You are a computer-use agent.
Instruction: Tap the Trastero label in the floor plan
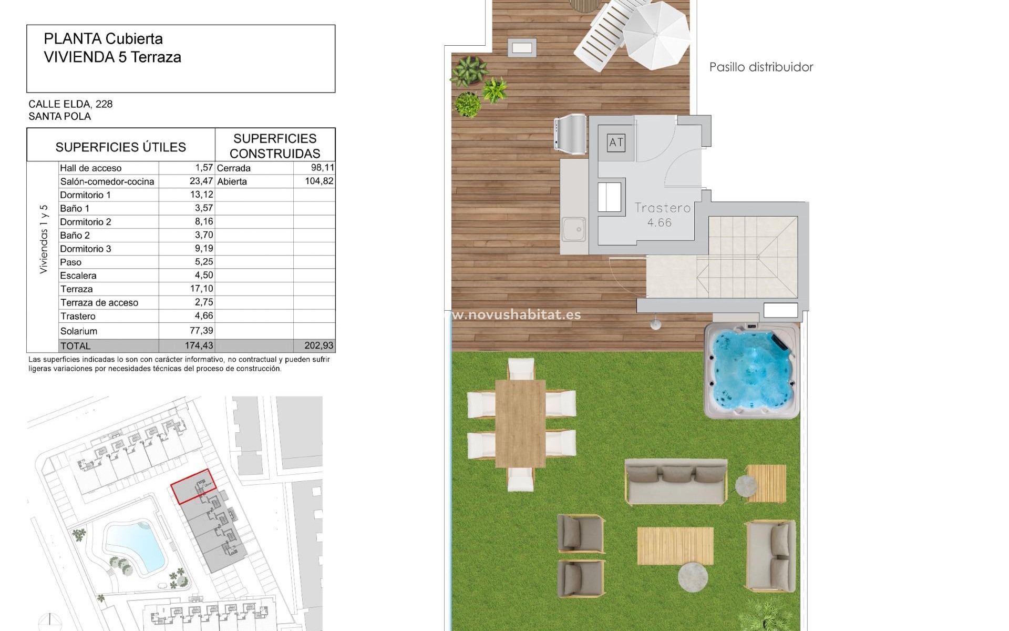(662, 208)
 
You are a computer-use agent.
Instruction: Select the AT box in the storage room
(616, 143)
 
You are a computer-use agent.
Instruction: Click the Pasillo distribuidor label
(761, 67)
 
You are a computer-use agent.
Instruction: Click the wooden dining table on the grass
(520, 423)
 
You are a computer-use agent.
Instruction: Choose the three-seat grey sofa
(676, 481)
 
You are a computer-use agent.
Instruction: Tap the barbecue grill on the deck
(570, 135)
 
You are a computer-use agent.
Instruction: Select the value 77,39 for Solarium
(201, 331)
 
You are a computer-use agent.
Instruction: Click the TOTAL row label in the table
(76, 346)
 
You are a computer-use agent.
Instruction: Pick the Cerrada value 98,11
(322, 168)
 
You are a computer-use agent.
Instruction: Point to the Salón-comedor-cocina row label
(107, 181)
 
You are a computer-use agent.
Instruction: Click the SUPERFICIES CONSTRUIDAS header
(275, 146)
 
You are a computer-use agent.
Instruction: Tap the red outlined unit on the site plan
(193, 486)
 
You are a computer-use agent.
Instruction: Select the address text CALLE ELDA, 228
(70, 104)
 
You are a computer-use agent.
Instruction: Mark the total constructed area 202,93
(318, 345)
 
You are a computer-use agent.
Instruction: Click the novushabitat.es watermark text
(518, 315)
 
